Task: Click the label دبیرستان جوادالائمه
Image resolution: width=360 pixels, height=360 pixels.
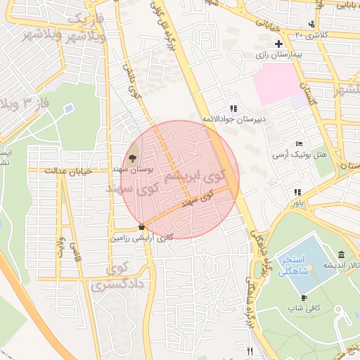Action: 235,119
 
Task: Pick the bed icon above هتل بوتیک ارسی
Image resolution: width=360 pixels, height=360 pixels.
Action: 299,143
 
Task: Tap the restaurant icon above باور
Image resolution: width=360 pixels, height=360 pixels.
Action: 298,192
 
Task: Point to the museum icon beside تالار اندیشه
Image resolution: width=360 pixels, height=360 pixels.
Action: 341,254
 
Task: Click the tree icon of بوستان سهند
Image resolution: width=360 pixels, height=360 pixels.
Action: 133,157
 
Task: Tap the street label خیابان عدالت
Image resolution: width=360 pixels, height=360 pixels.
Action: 69,170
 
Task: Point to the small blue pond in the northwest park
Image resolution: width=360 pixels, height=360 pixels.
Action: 68,109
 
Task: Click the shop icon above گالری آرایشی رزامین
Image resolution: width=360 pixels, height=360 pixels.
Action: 142,227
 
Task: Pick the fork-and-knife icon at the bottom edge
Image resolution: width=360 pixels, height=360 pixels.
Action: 249,351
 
